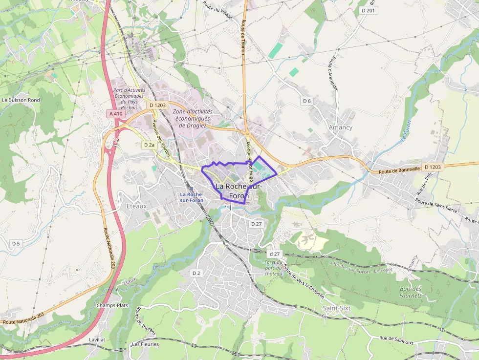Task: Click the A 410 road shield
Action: [x=116, y=113]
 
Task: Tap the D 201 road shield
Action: [x=369, y=10]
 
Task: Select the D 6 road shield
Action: [x=306, y=101]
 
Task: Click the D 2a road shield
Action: [x=149, y=145]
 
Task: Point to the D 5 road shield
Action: [x=16, y=243]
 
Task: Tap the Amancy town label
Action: [x=341, y=127]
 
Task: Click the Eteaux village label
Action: [x=136, y=206]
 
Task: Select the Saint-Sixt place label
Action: [x=336, y=308]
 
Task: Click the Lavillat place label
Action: [x=97, y=339]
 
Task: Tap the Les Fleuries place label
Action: [x=145, y=344]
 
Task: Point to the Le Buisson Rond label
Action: [x=21, y=100]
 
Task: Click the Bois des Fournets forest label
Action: [x=411, y=292]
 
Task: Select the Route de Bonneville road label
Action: [x=400, y=169]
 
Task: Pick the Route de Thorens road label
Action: [x=146, y=321]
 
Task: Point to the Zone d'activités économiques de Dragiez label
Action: [x=192, y=118]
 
